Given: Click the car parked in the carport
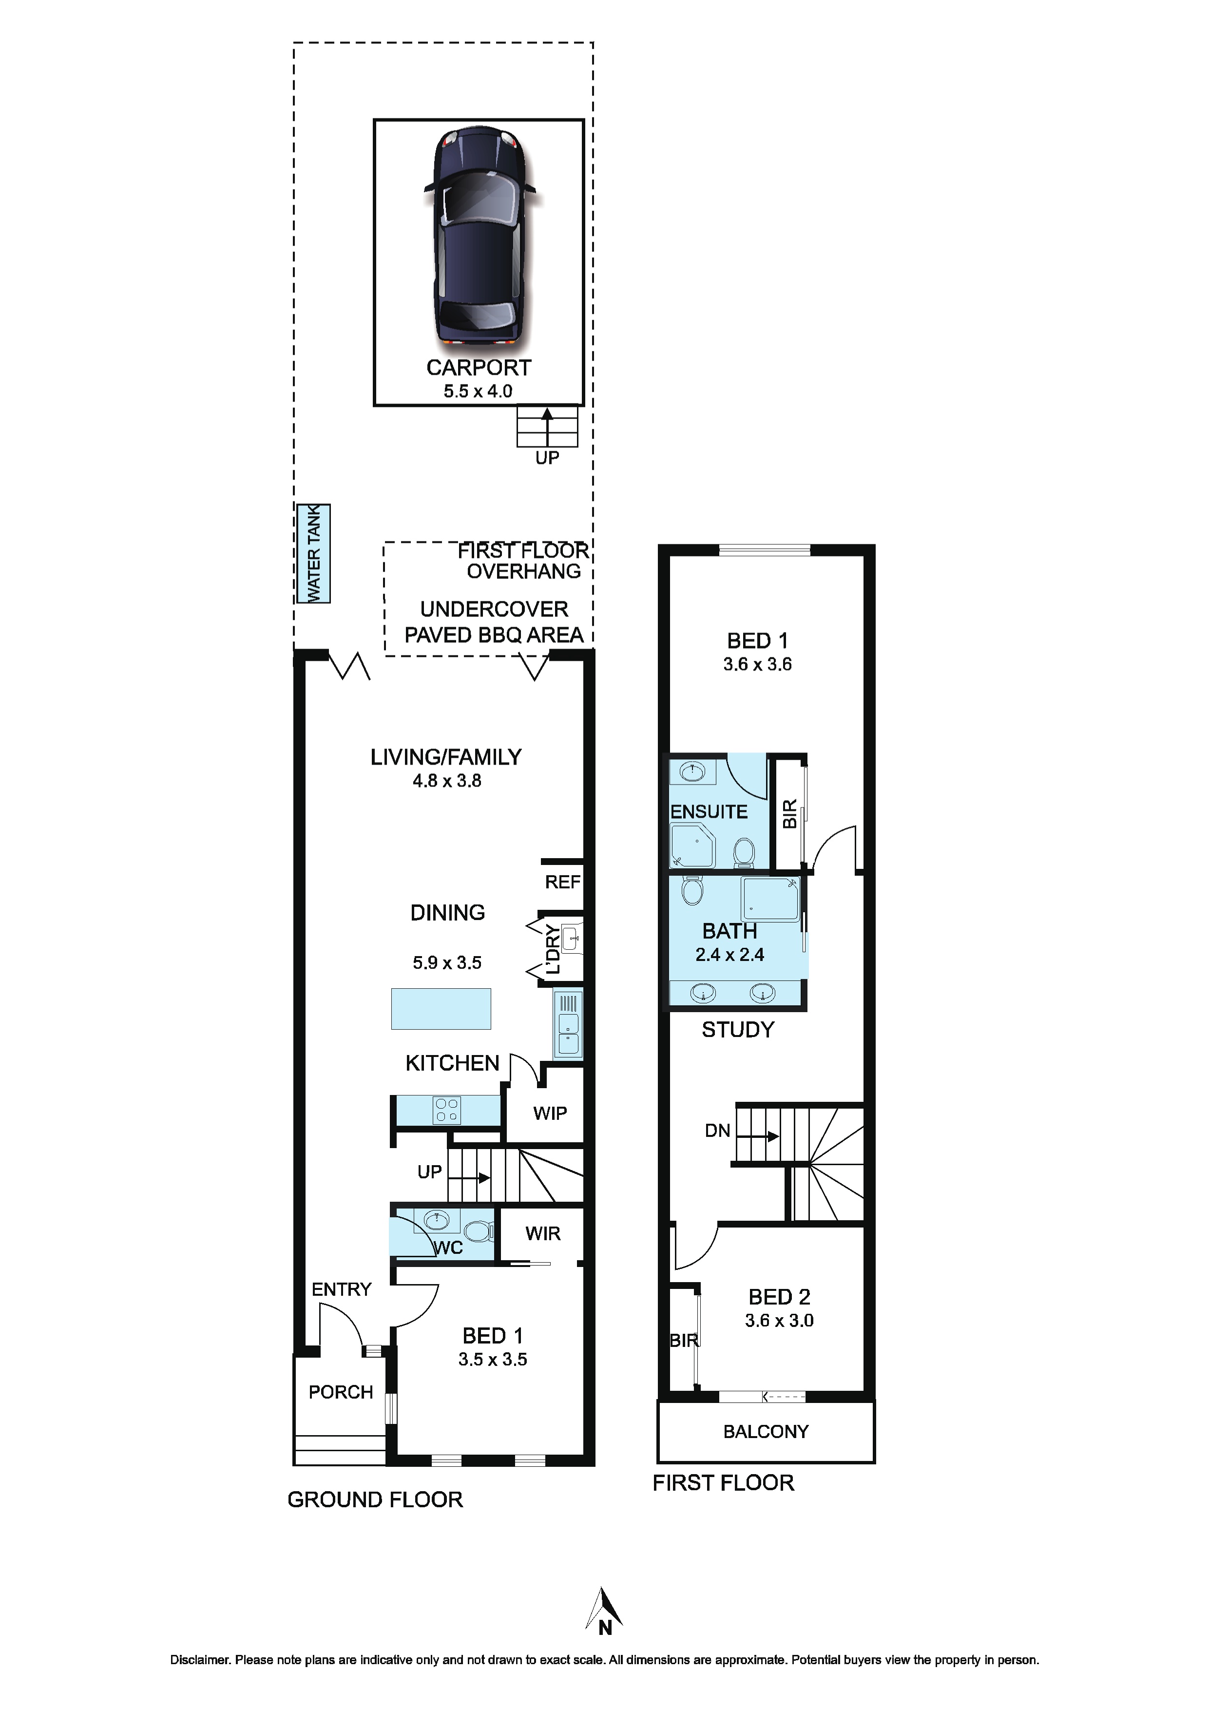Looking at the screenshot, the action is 480,236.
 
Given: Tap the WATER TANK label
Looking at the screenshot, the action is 313,553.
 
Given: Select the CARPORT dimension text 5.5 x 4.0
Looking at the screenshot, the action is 478,391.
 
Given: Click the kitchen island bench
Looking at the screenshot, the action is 441,1009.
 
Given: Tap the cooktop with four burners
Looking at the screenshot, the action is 447,1111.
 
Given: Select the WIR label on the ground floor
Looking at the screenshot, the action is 543,1234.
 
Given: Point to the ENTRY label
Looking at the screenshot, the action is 341,1289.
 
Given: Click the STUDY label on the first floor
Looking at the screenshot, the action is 738,1030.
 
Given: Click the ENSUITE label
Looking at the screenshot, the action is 709,811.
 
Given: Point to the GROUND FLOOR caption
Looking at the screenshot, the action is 375,1500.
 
